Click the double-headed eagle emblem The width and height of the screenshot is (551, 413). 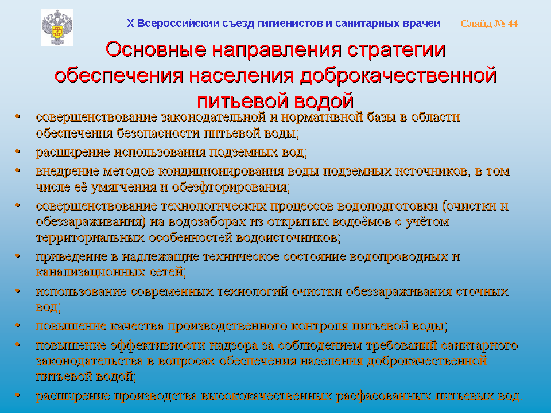57,28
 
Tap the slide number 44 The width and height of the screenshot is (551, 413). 513,24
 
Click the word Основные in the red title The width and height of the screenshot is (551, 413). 156,49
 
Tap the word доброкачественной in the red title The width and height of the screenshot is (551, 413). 398,76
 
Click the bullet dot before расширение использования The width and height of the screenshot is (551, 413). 18,151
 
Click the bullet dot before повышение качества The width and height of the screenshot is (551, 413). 18,325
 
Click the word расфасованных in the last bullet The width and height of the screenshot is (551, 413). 384,396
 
